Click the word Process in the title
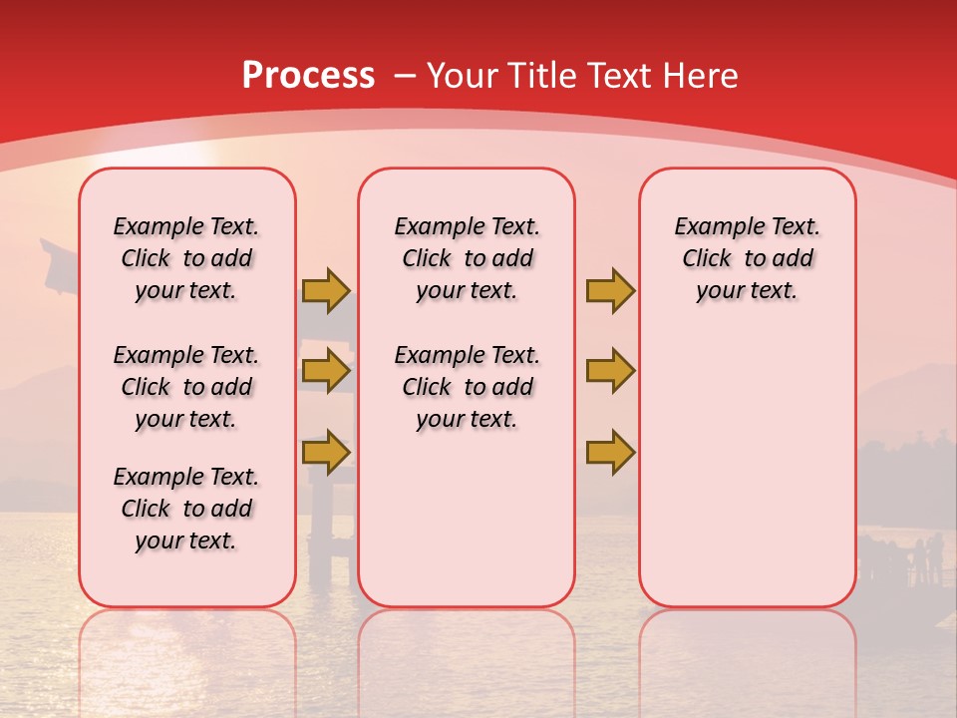point(308,76)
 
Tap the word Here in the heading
point(703,76)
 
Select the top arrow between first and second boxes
point(326,290)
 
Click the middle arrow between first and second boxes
point(326,371)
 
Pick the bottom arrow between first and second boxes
point(326,452)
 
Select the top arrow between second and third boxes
point(610,290)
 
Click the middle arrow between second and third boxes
point(610,371)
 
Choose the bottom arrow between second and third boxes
point(610,452)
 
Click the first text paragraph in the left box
point(186,258)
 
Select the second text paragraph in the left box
point(186,387)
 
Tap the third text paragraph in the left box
point(186,509)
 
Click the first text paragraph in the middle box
point(468,258)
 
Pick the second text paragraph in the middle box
point(468,387)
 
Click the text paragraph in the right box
point(748,258)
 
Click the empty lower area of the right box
point(748,479)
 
